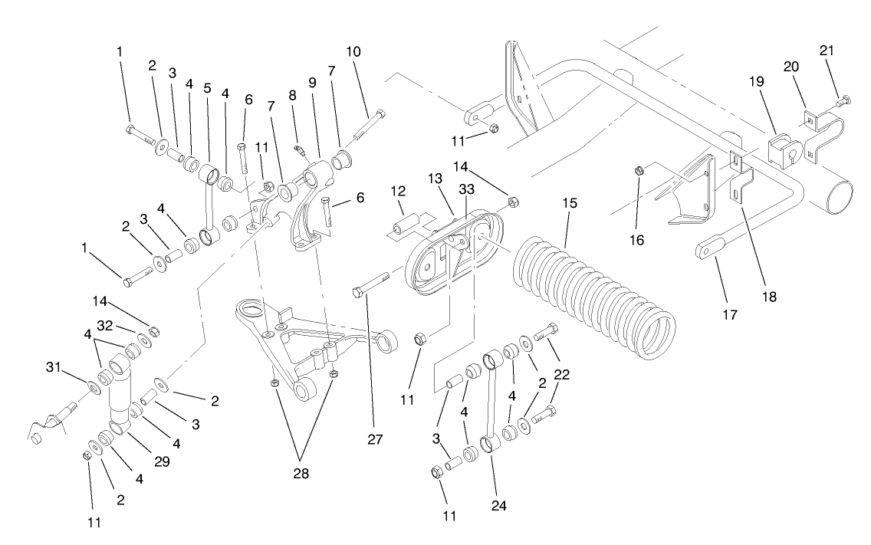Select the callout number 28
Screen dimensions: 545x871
(x=301, y=473)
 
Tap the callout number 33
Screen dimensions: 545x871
(x=466, y=189)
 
